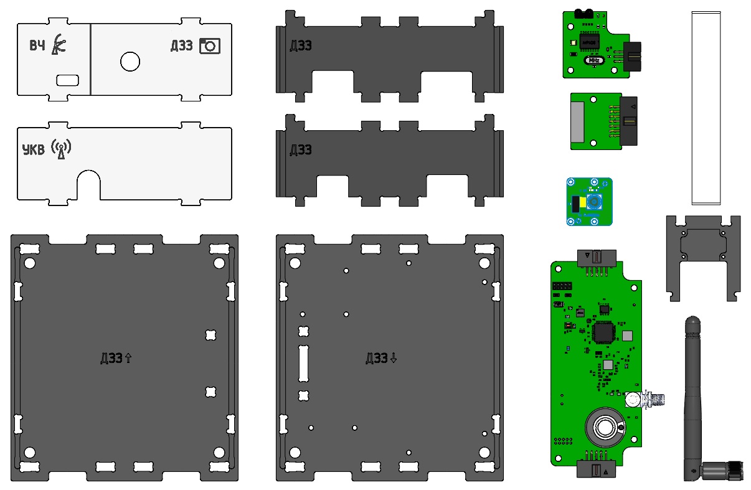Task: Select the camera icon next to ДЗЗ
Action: point(210,46)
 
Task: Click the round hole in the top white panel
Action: point(130,61)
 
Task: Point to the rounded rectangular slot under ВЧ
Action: point(67,80)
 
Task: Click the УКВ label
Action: point(34,149)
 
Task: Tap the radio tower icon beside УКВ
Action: point(61,149)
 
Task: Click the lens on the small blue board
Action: point(595,202)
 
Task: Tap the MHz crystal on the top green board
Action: point(594,60)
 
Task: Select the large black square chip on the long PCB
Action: point(603,332)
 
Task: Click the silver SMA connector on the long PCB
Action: point(654,399)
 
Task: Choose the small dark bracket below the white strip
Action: point(702,255)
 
